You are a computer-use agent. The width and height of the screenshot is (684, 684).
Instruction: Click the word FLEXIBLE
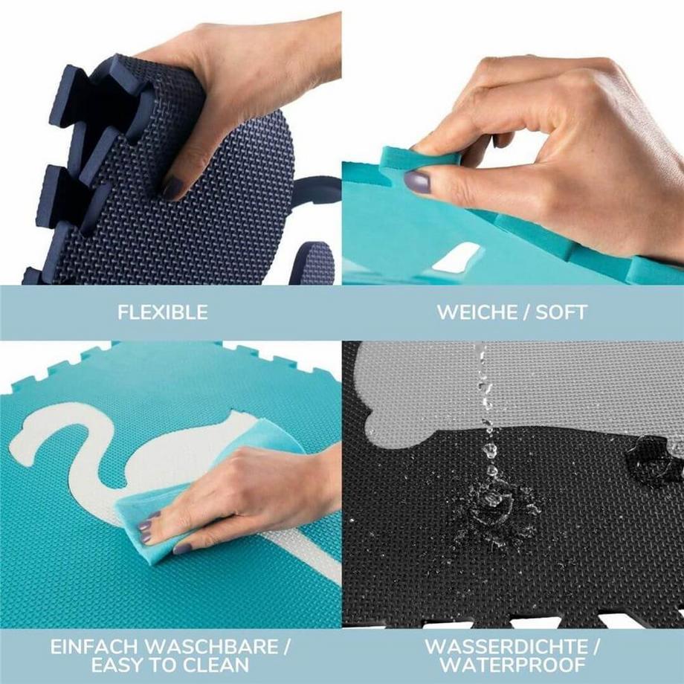coord(162,312)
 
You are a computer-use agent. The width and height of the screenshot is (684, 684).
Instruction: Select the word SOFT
coord(561,312)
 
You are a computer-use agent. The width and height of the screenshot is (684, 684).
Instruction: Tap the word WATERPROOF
coord(512,665)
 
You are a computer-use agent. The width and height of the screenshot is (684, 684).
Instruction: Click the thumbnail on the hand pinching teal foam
coord(418,181)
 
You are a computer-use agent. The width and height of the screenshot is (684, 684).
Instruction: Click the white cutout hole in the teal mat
coord(456,257)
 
